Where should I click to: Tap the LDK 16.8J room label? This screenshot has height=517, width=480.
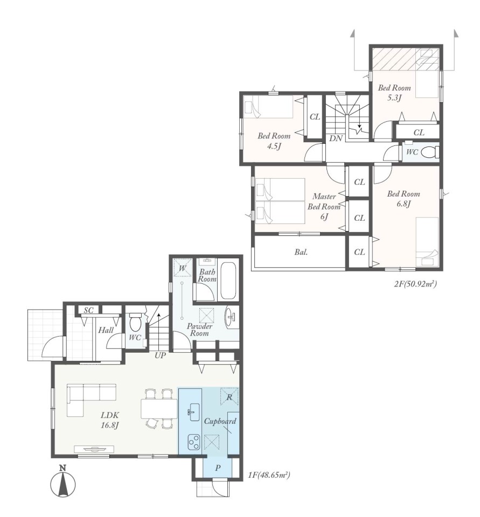coord(110,420)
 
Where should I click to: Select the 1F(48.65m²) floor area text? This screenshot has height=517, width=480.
coord(269,475)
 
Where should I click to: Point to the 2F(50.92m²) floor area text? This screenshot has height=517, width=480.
coord(416,284)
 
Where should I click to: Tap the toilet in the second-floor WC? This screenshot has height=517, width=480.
coord(432,152)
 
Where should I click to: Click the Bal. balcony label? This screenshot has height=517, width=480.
coord(301,252)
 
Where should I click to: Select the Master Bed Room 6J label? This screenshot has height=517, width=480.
coord(324,206)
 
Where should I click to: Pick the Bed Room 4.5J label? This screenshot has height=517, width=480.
coord(274,141)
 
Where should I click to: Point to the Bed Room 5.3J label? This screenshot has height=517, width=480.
coord(394,93)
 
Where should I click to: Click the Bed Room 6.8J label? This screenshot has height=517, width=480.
coord(404,199)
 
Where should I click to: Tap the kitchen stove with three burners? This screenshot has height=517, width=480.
coord(193,442)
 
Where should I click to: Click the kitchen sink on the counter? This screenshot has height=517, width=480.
coord(194,412)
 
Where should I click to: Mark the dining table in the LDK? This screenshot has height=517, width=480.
coord(159,409)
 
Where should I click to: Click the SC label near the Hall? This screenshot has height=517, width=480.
coord(88,310)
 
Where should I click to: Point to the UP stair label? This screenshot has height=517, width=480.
coord(161,355)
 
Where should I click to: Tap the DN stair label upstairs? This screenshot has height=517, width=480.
coord(336,138)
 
